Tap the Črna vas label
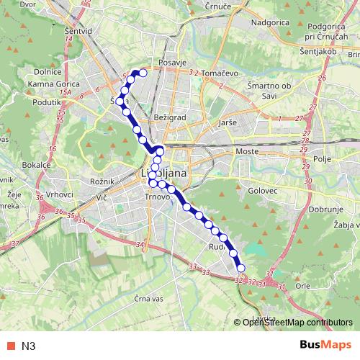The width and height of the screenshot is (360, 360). [156, 297]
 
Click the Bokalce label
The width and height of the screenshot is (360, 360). [36, 164]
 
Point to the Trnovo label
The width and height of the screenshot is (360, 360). [156, 197]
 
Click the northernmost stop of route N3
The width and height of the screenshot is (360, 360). [143, 73]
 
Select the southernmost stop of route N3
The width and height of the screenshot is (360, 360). [240, 269]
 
